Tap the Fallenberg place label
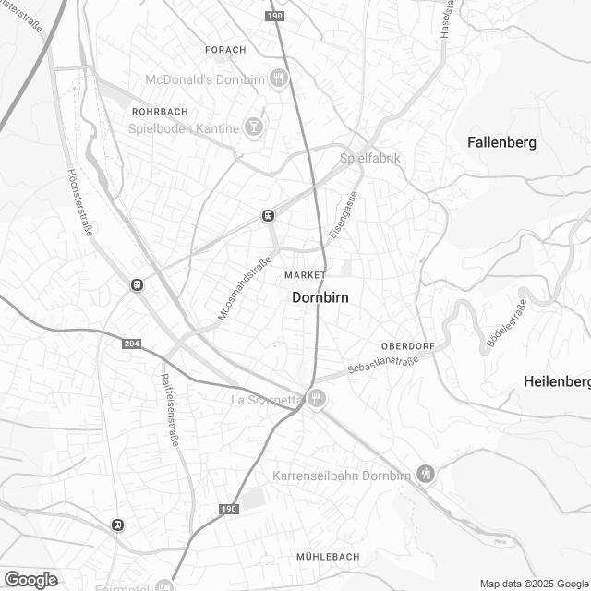(x=501, y=142)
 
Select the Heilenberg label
(x=556, y=381)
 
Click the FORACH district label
(x=225, y=49)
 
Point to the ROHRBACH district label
(x=160, y=111)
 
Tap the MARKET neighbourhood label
(x=306, y=276)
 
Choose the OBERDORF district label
(x=407, y=346)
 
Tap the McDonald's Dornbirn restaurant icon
(x=280, y=79)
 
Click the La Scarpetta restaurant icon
(x=317, y=400)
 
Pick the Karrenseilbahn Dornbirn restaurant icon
(x=425, y=476)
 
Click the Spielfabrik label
(x=370, y=158)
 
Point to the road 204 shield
(x=131, y=343)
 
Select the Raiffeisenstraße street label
(x=169, y=411)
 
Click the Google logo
(x=30, y=579)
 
